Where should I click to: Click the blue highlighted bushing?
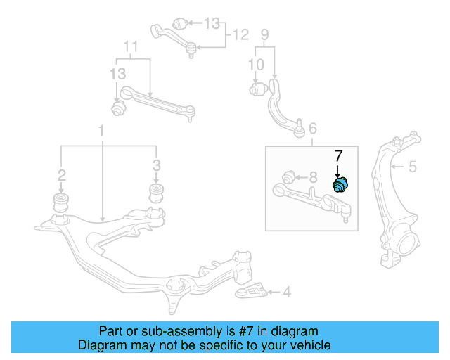[x=341, y=185]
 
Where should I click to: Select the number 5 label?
[x=413, y=167]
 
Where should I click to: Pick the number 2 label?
[x=62, y=174]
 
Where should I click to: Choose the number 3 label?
[x=157, y=166]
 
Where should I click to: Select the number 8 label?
[x=314, y=176]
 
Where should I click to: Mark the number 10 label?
[x=256, y=65]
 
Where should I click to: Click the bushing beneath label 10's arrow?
[x=257, y=89]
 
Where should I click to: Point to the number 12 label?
[x=241, y=34]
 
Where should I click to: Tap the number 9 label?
[x=265, y=34]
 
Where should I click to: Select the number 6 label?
[x=312, y=129]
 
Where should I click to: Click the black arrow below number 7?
[x=337, y=170]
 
